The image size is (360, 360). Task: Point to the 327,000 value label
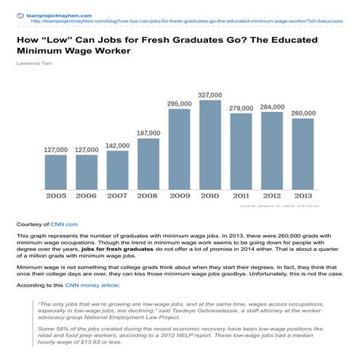210,95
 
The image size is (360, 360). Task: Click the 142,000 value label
118,145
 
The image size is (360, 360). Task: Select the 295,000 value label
179,104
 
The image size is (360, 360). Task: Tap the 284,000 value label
272,107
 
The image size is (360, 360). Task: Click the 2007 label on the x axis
118,196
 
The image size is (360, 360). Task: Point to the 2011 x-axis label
241,196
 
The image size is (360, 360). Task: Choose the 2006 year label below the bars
87,196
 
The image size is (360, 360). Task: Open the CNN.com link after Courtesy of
64,225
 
